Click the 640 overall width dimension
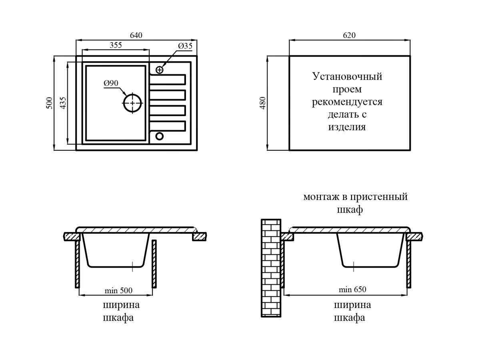136,35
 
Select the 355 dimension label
116,45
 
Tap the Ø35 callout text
185,46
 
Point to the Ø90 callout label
110,83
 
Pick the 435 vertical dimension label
62,103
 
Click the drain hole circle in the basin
132,103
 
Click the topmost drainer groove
168,79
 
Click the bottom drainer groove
168,126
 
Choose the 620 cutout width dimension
349,35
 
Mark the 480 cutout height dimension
263,103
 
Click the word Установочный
347,76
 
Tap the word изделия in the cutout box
347,128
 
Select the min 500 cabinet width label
118,290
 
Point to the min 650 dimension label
352,290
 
